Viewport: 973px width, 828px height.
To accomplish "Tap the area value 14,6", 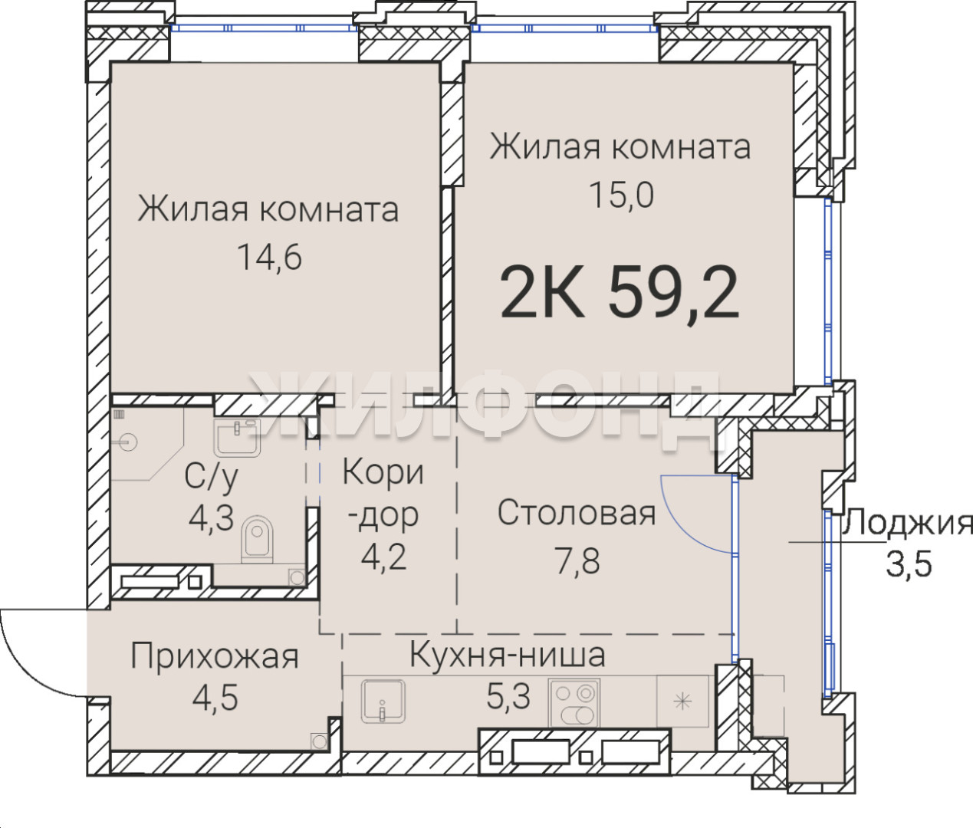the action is (269, 257).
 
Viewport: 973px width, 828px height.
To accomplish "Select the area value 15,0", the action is (621, 195).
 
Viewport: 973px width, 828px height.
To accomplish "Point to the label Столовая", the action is (577, 513).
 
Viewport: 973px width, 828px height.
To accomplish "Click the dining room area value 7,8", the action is (577, 561).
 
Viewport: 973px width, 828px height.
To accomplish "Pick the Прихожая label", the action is (215, 657).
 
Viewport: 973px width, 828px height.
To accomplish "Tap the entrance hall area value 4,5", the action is (215, 697).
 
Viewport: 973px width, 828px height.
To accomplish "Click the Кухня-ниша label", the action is (508, 654).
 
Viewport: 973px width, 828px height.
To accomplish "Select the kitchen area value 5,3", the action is (508, 696).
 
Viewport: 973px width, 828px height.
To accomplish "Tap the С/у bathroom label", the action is (212, 478).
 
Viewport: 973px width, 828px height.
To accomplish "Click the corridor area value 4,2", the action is (383, 557).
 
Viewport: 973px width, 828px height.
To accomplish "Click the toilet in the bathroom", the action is (257, 539).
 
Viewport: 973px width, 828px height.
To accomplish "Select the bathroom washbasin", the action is (237, 437).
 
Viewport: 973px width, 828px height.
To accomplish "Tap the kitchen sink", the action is (383, 701).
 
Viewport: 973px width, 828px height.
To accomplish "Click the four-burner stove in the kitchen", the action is (574, 702).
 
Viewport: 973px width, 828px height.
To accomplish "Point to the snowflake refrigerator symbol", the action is (682, 703).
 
